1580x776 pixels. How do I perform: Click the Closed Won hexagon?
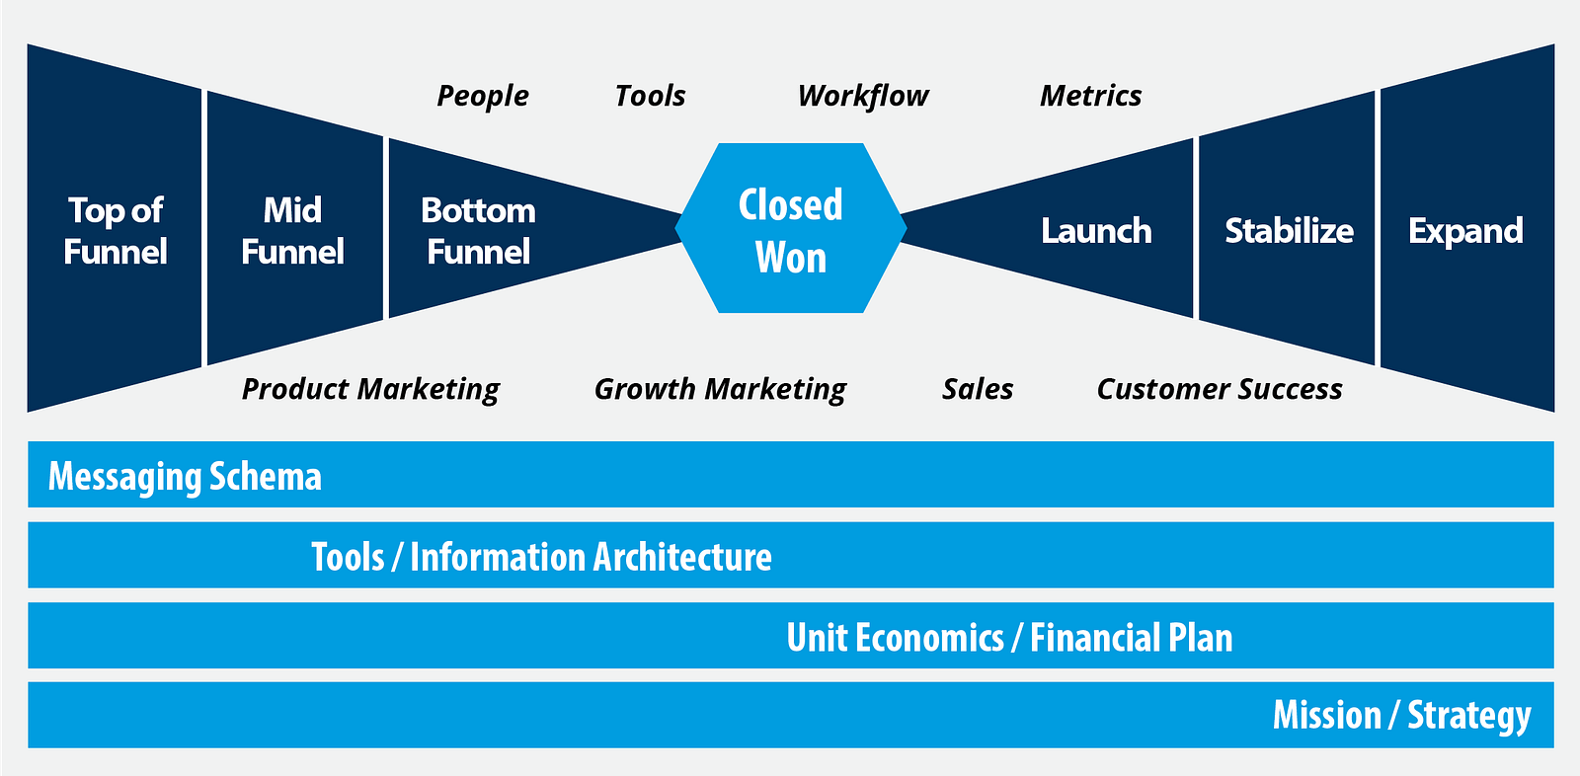pos(791,228)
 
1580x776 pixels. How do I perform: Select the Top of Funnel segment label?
pos(116,231)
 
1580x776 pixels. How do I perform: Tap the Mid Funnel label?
pos(292,231)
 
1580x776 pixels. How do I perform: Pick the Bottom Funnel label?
pos(478,231)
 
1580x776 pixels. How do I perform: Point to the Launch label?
pos(1096,231)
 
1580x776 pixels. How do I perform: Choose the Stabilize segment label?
pos(1290,231)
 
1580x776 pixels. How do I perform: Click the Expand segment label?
pos(1465,232)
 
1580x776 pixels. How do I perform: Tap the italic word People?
pos(483,96)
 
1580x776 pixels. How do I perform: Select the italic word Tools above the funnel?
pos(651,95)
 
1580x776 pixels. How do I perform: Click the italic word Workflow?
pos(863,96)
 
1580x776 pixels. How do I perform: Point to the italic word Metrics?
pos(1091,95)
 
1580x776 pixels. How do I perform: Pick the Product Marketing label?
pos(371,389)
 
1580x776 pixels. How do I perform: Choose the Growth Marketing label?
pos(720,389)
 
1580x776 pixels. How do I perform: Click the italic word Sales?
pos(978,389)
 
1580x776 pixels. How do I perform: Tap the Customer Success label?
pos(1220,389)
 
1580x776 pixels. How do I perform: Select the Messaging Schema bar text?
pos(185,477)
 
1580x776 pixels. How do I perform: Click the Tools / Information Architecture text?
pos(542,557)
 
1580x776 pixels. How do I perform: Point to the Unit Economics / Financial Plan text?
pos(1009,637)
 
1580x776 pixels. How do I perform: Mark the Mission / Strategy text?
pos(1402,717)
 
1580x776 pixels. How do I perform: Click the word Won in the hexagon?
pos(791,257)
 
